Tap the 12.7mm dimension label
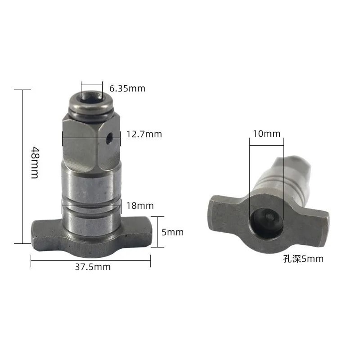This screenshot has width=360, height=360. click(x=144, y=134)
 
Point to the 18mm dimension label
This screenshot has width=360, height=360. click(x=140, y=206)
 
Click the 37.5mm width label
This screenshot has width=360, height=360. click(x=93, y=267)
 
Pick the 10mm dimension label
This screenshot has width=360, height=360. click(x=266, y=134)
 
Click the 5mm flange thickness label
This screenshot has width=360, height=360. click(x=172, y=232)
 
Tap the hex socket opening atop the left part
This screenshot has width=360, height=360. click(x=91, y=98)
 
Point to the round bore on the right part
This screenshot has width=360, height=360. click(x=266, y=223)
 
